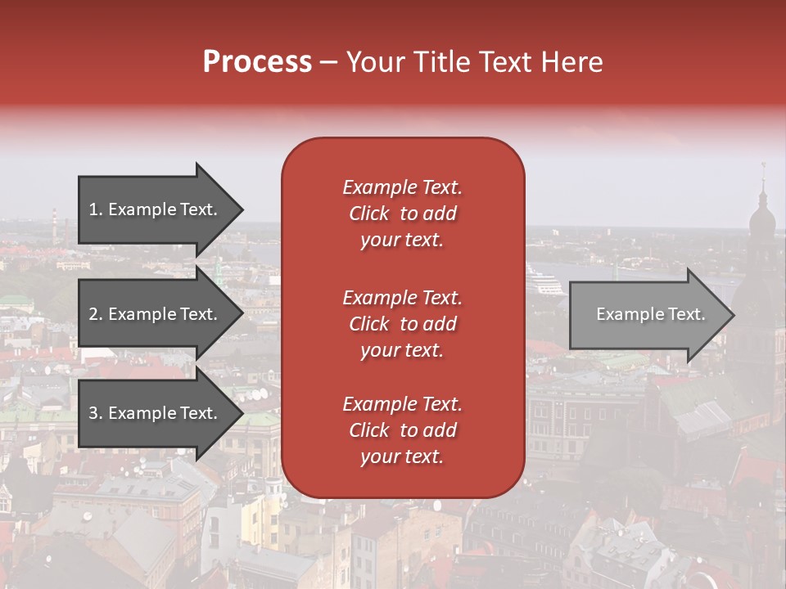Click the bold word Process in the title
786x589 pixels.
(x=257, y=62)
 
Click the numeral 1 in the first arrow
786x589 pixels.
(x=93, y=209)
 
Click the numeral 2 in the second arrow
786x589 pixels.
(x=93, y=314)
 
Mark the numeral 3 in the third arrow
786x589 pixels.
(x=93, y=413)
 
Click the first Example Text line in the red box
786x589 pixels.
(x=402, y=187)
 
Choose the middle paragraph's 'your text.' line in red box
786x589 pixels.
(x=402, y=350)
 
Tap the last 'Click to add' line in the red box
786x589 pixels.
(x=402, y=430)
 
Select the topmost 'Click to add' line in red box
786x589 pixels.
(x=402, y=214)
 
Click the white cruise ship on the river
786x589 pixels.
(x=544, y=285)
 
